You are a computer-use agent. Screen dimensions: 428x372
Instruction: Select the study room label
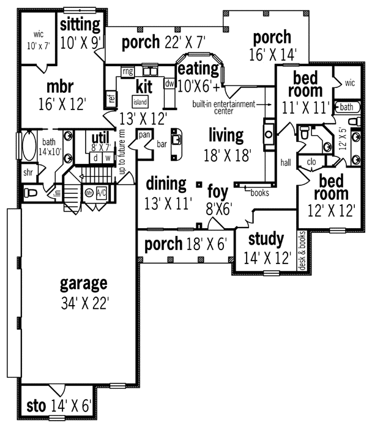[x=267, y=247]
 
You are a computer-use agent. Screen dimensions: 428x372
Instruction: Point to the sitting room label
[x=80, y=33]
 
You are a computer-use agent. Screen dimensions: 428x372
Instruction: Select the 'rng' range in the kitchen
[x=127, y=72]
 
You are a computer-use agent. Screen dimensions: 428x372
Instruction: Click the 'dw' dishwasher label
[x=169, y=83]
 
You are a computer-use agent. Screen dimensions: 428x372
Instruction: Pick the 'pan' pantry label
[x=144, y=135]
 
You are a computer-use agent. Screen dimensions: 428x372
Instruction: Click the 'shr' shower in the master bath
[x=28, y=172]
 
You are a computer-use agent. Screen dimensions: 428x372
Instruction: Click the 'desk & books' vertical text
[x=302, y=250]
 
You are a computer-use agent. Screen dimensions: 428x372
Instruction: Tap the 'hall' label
[x=285, y=163]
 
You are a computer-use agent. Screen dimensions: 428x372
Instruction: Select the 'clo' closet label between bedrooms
[x=310, y=162]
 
